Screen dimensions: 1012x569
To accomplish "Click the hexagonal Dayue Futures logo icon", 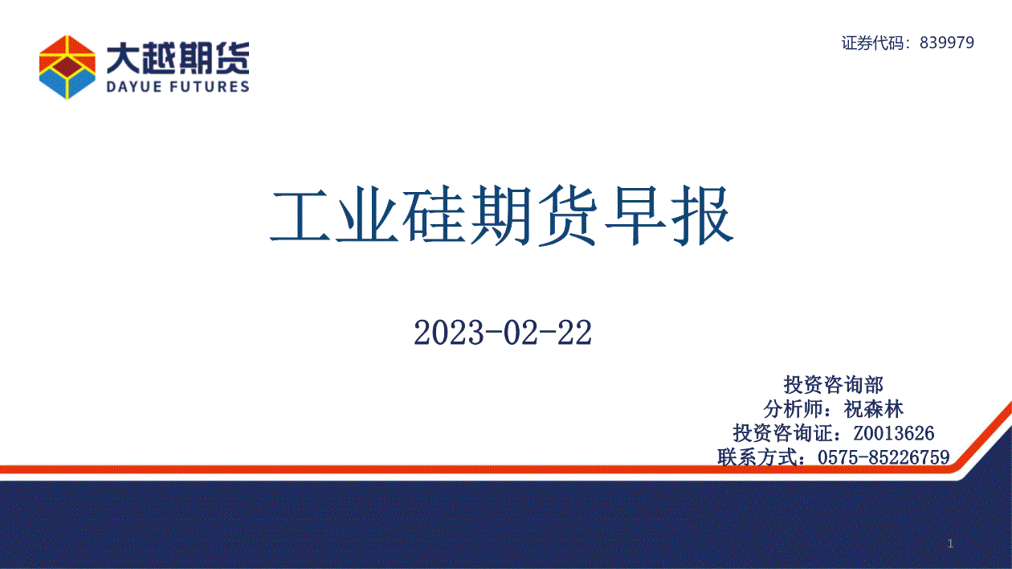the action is click(x=67, y=67).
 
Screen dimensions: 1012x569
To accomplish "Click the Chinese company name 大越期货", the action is click(x=178, y=58).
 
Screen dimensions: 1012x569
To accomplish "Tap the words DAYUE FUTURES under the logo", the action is click(x=178, y=86).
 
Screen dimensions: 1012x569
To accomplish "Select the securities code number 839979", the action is click(x=947, y=43).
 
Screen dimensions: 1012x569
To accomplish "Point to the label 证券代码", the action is click(x=872, y=43).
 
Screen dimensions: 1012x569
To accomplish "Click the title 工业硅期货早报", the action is click(x=501, y=215).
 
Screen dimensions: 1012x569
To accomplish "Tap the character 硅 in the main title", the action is click(x=435, y=215).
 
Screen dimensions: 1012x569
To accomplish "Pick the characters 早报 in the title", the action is click(x=669, y=215).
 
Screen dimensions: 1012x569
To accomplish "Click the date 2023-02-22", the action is click(x=503, y=333).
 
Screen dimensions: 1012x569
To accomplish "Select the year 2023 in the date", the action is click(x=449, y=333).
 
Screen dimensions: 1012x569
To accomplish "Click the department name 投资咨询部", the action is click(x=833, y=385).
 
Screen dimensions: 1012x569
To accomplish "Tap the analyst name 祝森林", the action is click(x=873, y=409).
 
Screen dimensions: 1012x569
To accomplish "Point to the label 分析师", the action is click(x=793, y=409).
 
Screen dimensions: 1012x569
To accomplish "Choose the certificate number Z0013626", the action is click(x=893, y=433).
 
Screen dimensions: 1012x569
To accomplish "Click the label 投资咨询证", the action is click(x=782, y=433).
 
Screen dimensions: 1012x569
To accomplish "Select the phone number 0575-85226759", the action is click(x=883, y=457).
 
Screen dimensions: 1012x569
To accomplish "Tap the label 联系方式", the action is click(x=757, y=457).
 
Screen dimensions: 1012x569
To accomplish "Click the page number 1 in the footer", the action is click(x=951, y=543).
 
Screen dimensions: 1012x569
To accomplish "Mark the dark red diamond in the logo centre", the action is click(x=67, y=67).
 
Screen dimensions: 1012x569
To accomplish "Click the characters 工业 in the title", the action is click(x=334, y=215).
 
